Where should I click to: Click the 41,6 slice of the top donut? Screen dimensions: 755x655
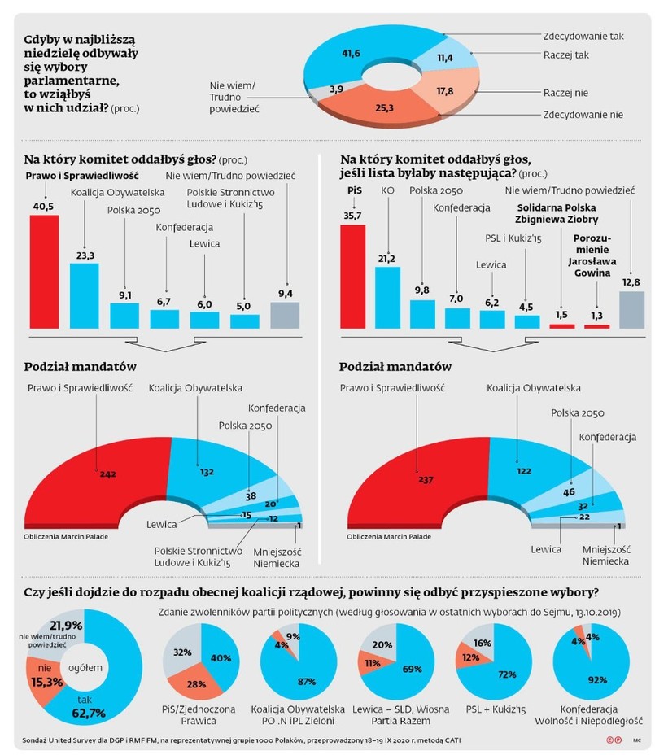(351, 55)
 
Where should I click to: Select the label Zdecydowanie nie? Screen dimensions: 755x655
(583, 114)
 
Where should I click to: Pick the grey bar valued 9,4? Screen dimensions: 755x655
(284, 314)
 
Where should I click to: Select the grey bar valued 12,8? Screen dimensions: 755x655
(632, 309)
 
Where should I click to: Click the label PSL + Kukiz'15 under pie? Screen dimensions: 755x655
(488, 709)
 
